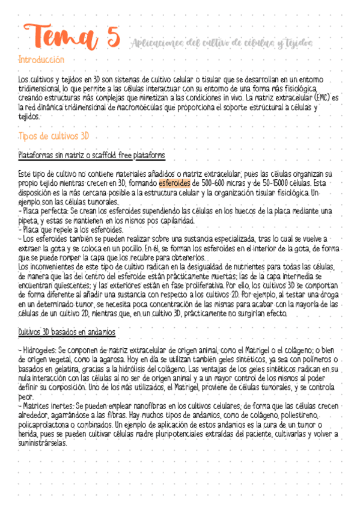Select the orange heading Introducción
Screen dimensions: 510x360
tap(41, 60)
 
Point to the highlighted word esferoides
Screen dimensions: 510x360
tap(174, 183)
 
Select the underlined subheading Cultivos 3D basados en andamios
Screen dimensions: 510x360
tap(67, 332)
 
